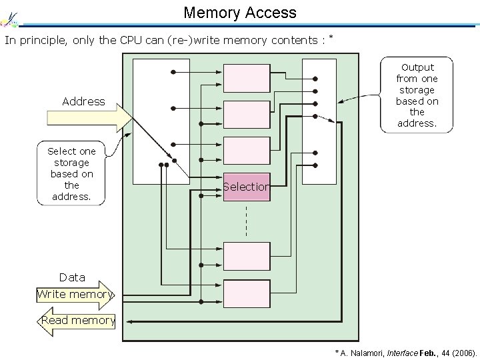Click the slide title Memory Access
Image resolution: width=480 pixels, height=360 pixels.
[x=239, y=12]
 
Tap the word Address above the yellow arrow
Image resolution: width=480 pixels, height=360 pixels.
[x=83, y=101]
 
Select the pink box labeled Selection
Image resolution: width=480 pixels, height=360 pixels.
[x=246, y=187]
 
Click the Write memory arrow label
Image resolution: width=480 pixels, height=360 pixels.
[x=75, y=294]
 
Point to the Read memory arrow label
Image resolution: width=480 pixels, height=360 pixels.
[x=78, y=321]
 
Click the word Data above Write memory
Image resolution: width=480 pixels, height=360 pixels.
[x=72, y=277]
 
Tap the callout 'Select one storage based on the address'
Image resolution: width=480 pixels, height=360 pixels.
[x=71, y=173]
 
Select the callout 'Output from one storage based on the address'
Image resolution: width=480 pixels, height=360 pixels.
[x=417, y=95]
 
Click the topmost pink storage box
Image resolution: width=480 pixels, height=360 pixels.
[x=246, y=78]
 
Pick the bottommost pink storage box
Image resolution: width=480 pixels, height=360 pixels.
[x=246, y=293]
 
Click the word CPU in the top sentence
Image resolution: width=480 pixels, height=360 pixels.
[x=131, y=40]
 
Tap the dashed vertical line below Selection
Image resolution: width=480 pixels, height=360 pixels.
[x=246, y=221]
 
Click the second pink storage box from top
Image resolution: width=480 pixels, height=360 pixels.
[x=246, y=114]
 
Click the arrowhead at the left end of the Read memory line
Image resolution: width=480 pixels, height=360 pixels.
[x=129, y=321]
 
